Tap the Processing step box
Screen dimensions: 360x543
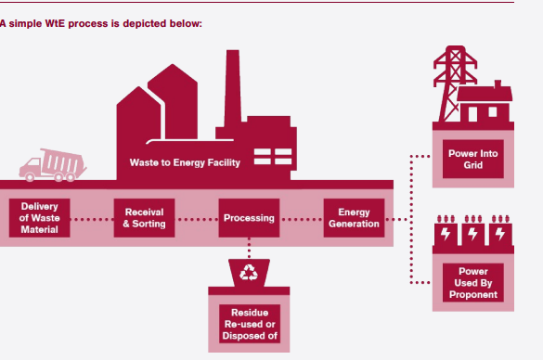(249, 219)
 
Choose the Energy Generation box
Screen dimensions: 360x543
(354, 219)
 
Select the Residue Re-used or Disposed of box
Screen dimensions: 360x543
(249, 324)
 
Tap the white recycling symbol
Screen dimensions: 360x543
(249, 273)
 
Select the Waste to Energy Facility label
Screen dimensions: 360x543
(185, 163)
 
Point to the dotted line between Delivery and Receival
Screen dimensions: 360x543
(92, 220)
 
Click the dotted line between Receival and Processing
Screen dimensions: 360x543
(196, 220)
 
